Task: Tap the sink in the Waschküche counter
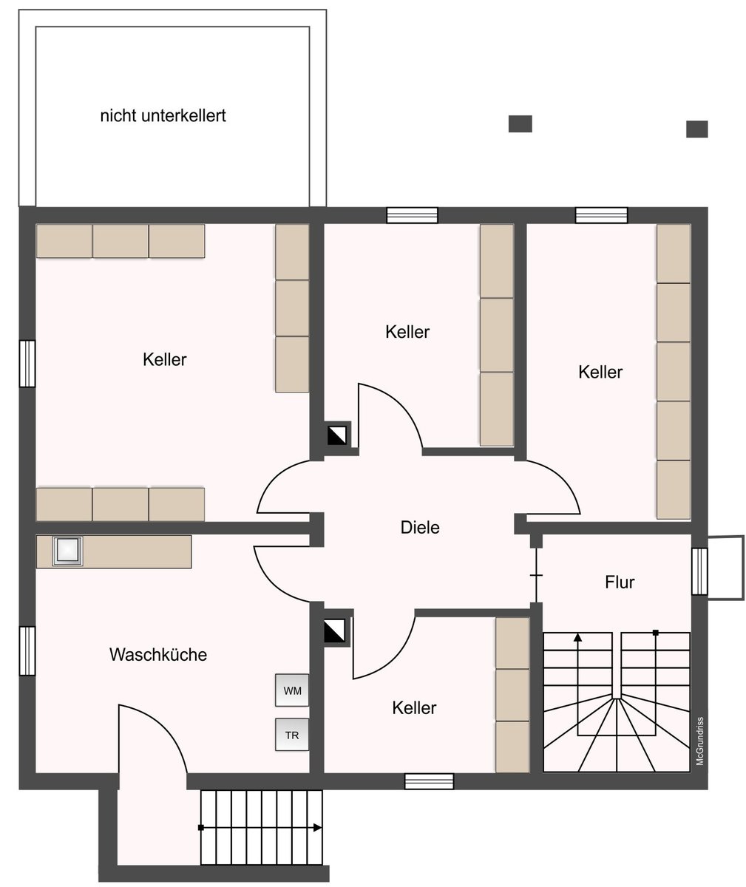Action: coord(67,551)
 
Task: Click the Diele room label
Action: coord(420,527)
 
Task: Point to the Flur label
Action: coord(620,582)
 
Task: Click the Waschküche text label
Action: coord(158,654)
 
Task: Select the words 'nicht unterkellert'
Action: coord(163,115)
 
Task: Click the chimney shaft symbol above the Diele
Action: coord(337,435)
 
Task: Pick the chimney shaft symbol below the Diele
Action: coord(334,631)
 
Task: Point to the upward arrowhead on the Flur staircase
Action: coord(577,637)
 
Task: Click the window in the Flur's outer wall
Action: coord(699,571)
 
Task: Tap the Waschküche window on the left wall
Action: coord(27,650)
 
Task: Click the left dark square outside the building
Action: coord(520,123)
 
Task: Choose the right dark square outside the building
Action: coord(696,129)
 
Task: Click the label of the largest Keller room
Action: coord(164,359)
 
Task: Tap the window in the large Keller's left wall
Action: coord(27,364)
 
